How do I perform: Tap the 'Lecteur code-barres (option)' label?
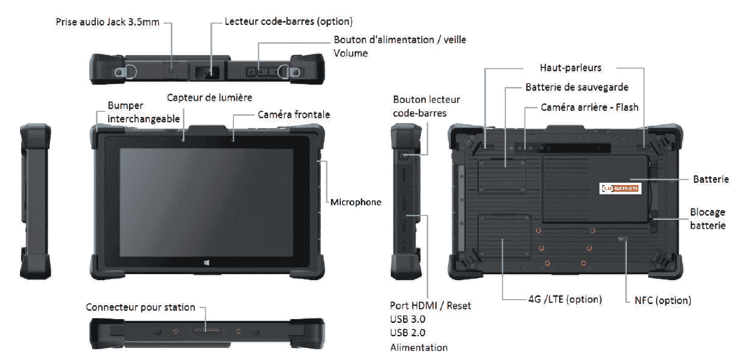288,22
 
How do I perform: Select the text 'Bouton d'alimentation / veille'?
400,40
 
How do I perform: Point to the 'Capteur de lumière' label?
209,97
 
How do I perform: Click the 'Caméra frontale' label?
294,115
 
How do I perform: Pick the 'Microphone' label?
356,202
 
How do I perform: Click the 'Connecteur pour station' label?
140,307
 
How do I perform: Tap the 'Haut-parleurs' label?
570,68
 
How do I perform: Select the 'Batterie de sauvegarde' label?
576,87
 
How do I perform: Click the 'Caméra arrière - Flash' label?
589,107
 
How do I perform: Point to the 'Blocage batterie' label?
707,219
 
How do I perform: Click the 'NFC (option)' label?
662,300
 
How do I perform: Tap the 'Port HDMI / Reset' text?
431,305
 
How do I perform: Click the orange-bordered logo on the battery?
620,188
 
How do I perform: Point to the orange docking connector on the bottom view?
206,331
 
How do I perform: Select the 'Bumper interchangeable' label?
144,111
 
